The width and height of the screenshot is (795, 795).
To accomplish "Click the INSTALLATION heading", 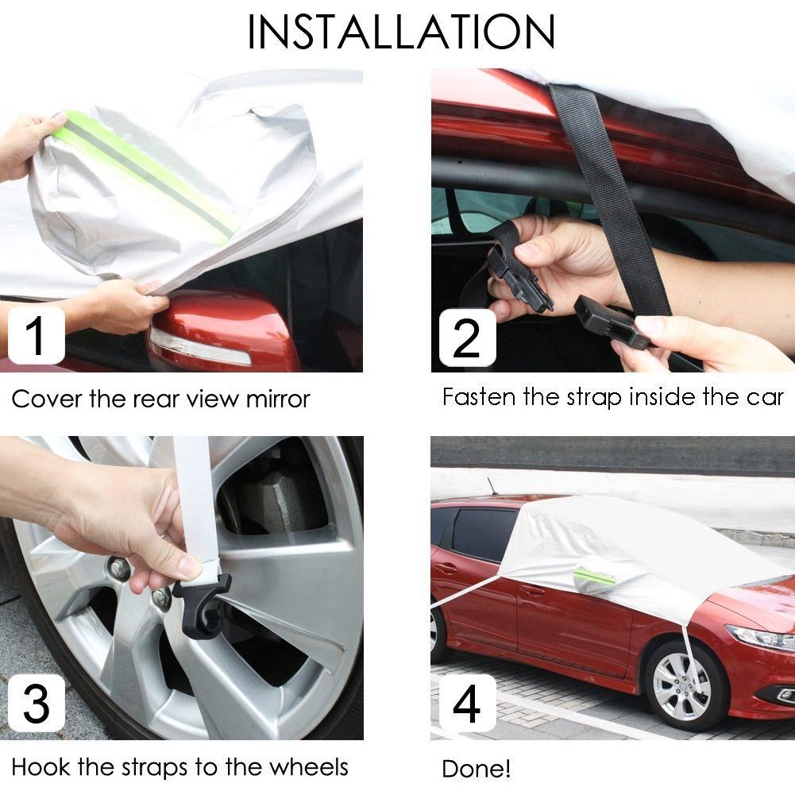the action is pos(401,32).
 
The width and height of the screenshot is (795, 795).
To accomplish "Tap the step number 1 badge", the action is pos(36,336).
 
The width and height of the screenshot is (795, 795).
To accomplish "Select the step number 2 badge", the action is pos(467,338).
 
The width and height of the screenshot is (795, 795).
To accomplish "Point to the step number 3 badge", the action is pos(36,703).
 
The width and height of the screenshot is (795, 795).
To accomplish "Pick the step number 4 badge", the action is pos(467,703).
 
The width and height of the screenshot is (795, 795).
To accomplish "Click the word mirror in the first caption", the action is pos(277,399).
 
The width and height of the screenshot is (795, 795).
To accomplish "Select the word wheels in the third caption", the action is pos(309,767).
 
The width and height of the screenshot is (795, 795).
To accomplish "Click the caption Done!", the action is pos(476,769).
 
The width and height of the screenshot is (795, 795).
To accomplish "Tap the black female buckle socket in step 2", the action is pos(611,323).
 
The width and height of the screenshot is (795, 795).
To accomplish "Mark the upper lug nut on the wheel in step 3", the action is pos(118,568).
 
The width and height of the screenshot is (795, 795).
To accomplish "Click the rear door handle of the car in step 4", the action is pos(446,568).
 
